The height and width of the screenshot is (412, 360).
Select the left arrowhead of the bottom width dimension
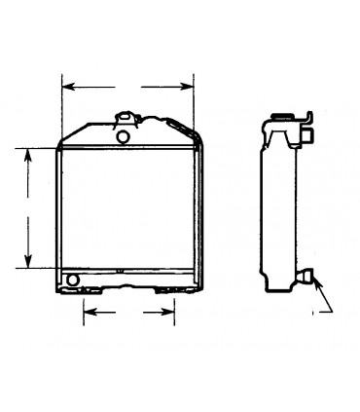click(87, 313)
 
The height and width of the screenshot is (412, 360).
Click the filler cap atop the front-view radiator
click(125, 120)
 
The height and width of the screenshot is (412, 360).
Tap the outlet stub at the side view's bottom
click(307, 280)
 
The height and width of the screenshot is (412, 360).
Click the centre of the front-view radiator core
click(128, 209)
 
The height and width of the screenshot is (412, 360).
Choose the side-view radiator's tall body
click(278, 209)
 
